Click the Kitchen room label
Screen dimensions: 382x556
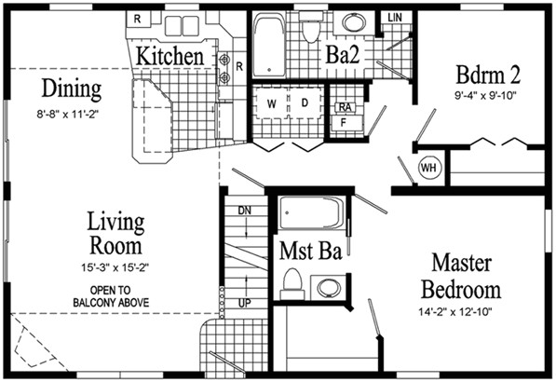click(x=170, y=56)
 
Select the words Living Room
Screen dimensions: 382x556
click(x=116, y=234)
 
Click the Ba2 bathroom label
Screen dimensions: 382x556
click(x=343, y=54)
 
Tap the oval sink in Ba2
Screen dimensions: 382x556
click(x=354, y=23)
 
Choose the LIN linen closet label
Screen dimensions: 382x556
click(x=396, y=18)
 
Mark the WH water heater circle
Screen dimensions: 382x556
click(x=429, y=168)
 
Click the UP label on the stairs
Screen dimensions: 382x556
click(x=245, y=303)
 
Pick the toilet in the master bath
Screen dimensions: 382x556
click(x=292, y=282)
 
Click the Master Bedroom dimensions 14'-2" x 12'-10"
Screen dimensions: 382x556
click(x=459, y=312)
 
